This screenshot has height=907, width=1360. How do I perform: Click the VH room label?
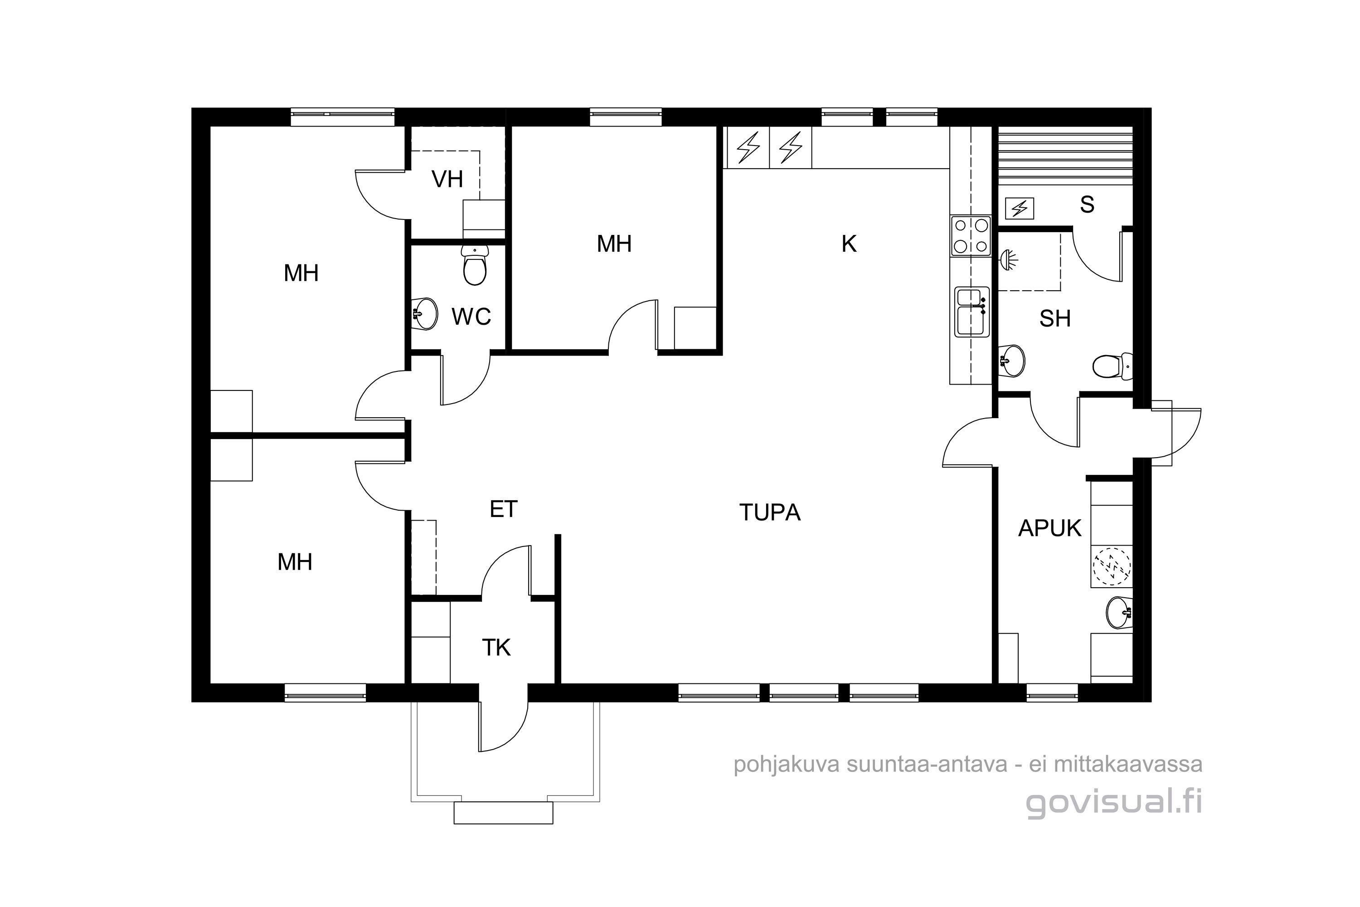pyautogui.click(x=447, y=179)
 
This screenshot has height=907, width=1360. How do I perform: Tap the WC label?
pyautogui.click(x=471, y=317)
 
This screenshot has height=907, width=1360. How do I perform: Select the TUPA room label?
pyautogui.click(x=770, y=512)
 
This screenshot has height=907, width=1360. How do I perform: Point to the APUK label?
pyautogui.click(x=1049, y=528)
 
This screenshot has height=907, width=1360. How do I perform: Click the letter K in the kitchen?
pyautogui.click(x=849, y=244)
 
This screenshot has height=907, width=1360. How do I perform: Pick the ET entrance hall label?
pyautogui.click(x=503, y=509)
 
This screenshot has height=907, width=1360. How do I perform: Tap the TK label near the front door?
pyautogui.click(x=496, y=648)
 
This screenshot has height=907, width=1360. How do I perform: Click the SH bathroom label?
pyautogui.click(x=1055, y=319)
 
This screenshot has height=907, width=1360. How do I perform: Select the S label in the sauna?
pyautogui.click(x=1087, y=205)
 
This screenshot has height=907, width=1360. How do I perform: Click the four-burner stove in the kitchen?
pyautogui.click(x=971, y=235)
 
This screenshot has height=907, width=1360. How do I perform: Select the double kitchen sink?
pyautogui.click(x=972, y=312)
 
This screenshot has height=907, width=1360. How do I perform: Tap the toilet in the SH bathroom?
pyautogui.click(x=1112, y=366)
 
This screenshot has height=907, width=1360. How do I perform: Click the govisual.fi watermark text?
pyautogui.click(x=1114, y=804)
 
